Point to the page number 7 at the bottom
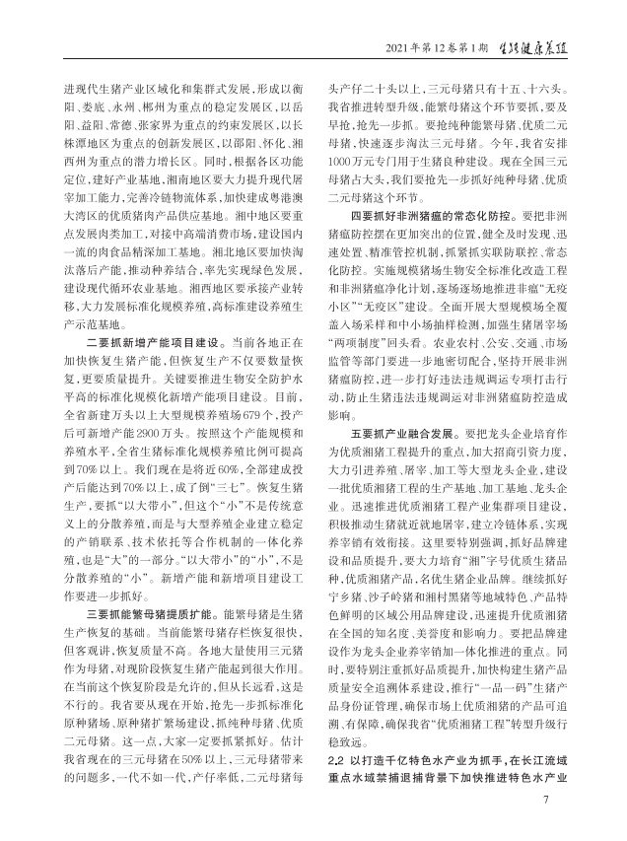(x=545, y=798)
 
